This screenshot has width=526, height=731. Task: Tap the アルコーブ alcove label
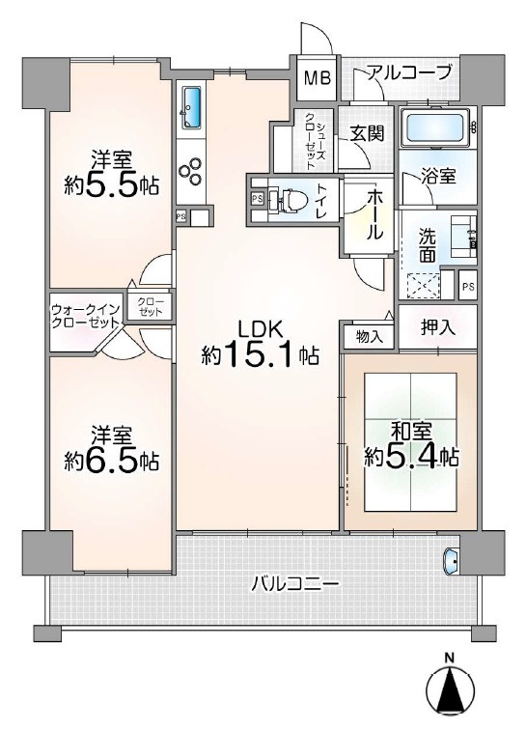(408, 72)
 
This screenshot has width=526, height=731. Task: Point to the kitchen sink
(191, 106)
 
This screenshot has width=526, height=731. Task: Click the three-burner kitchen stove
(190, 172)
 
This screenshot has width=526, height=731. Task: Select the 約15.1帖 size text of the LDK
(261, 356)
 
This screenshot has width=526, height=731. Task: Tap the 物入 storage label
(369, 337)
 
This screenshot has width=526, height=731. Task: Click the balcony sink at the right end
(452, 558)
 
